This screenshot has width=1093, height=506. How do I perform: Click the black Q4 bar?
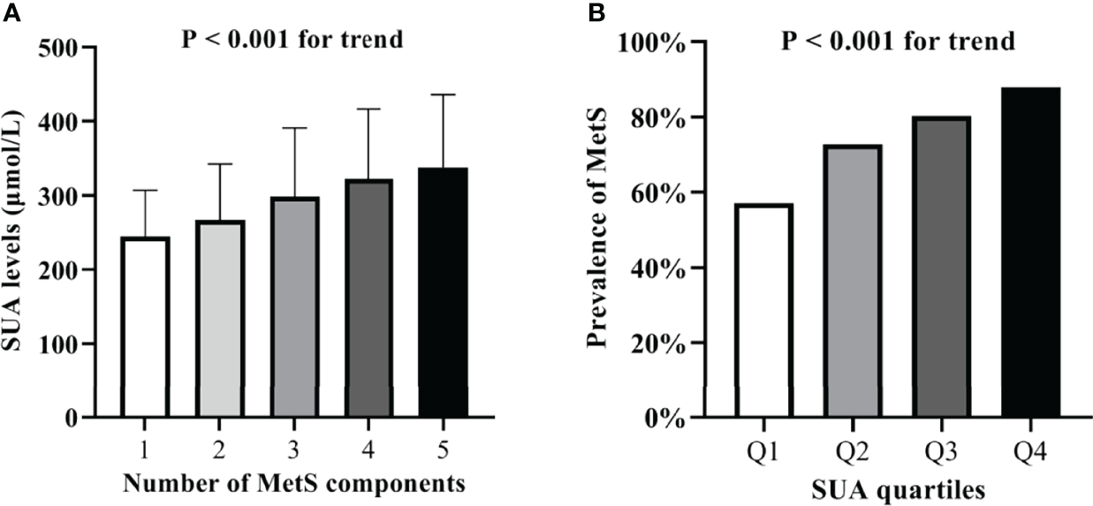(1031, 252)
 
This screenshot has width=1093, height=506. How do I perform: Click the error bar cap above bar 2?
(220, 164)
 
